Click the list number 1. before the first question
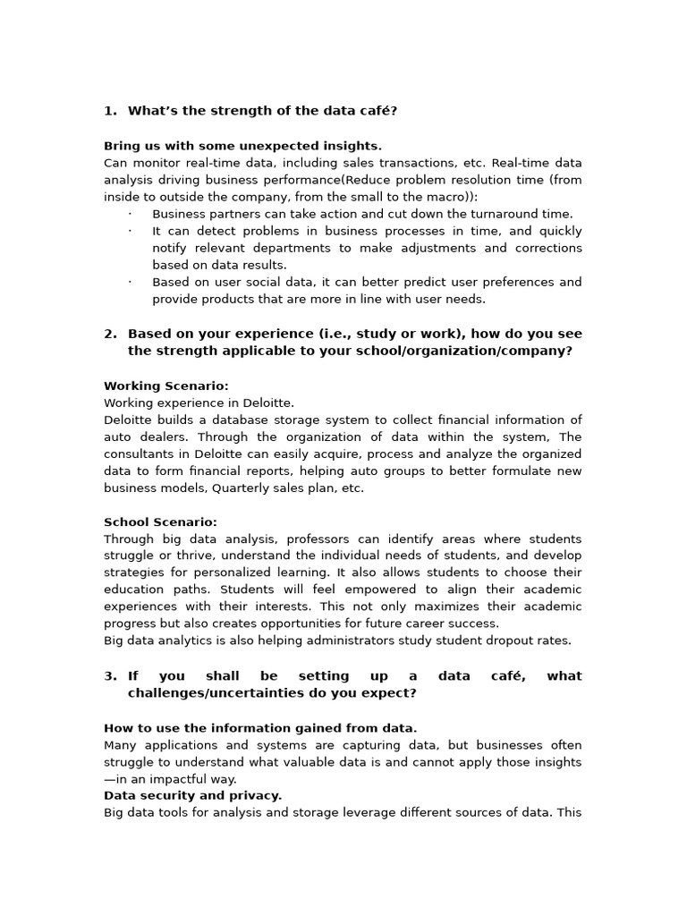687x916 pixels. pyautogui.click(x=110, y=111)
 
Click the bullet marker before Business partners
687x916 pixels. pyautogui.click(x=130, y=214)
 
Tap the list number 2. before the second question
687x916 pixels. pyautogui.click(x=110, y=334)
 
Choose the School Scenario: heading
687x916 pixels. pyautogui.click(x=160, y=522)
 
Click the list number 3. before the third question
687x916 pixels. pyautogui.click(x=110, y=676)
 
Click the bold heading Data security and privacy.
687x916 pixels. pyautogui.click(x=192, y=795)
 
